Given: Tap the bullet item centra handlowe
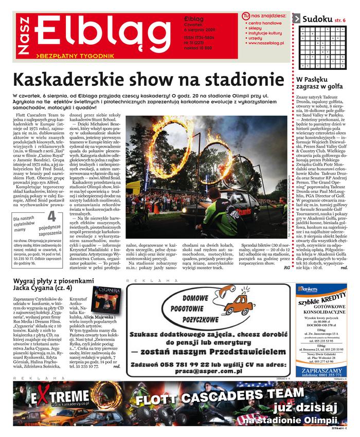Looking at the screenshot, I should tap(264, 24).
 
